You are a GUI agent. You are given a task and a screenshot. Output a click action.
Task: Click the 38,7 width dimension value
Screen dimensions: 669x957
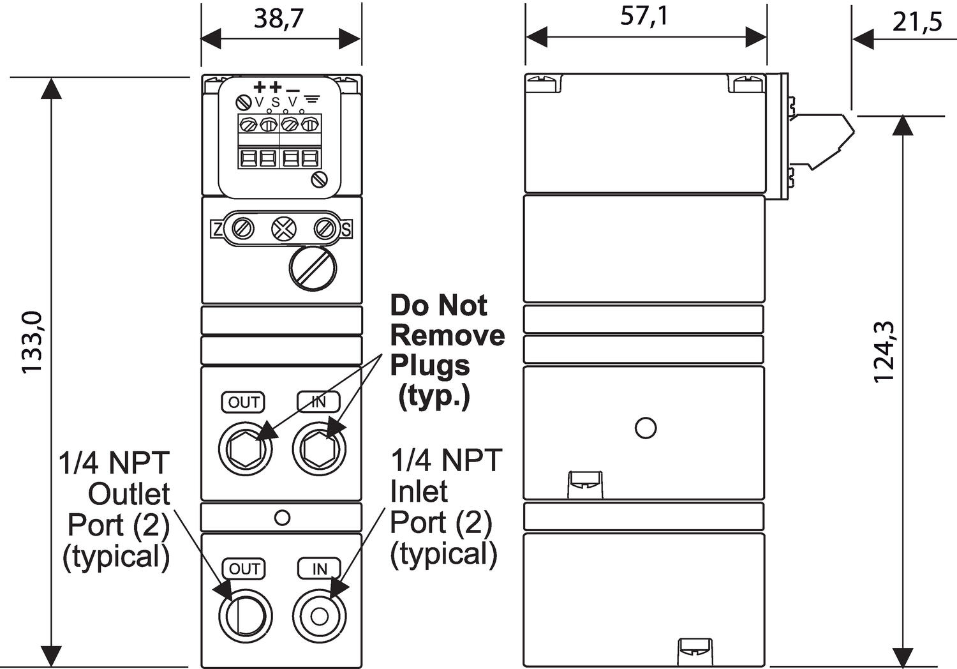tap(279, 18)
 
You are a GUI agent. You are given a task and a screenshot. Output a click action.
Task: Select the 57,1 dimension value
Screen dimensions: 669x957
tap(644, 15)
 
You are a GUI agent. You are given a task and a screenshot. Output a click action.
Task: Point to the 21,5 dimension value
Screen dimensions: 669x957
tap(917, 22)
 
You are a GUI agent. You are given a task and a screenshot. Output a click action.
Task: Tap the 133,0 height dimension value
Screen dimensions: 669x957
tap(32, 342)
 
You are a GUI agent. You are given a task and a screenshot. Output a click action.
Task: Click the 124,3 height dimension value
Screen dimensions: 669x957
tap(884, 352)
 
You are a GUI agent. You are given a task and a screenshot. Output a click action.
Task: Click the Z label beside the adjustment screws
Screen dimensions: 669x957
tap(218, 229)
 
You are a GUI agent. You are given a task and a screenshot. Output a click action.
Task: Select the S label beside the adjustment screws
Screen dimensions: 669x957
tap(346, 229)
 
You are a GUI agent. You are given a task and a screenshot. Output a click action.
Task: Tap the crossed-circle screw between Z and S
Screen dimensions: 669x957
tap(284, 229)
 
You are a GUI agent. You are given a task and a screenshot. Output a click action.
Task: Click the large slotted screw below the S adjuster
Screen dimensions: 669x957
tap(313, 268)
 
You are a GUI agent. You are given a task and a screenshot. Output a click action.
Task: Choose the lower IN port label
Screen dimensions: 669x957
tap(319, 569)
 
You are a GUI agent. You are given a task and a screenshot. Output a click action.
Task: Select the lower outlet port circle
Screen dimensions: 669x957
tap(245, 616)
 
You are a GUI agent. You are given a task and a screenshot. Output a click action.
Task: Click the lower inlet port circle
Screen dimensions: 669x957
tap(319, 616)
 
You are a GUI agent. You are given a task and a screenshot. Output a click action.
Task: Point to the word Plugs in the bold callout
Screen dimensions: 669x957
tap(430, 366)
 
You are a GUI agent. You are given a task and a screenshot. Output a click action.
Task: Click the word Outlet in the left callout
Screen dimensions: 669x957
tap(129, 494)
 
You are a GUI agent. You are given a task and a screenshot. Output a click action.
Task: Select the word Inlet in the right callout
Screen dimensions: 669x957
tap(419, 492)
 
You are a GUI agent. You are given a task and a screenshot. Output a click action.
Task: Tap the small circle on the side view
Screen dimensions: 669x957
tap(646, 428)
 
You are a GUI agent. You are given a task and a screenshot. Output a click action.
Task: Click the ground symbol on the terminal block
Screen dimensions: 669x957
tap(312, 100)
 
